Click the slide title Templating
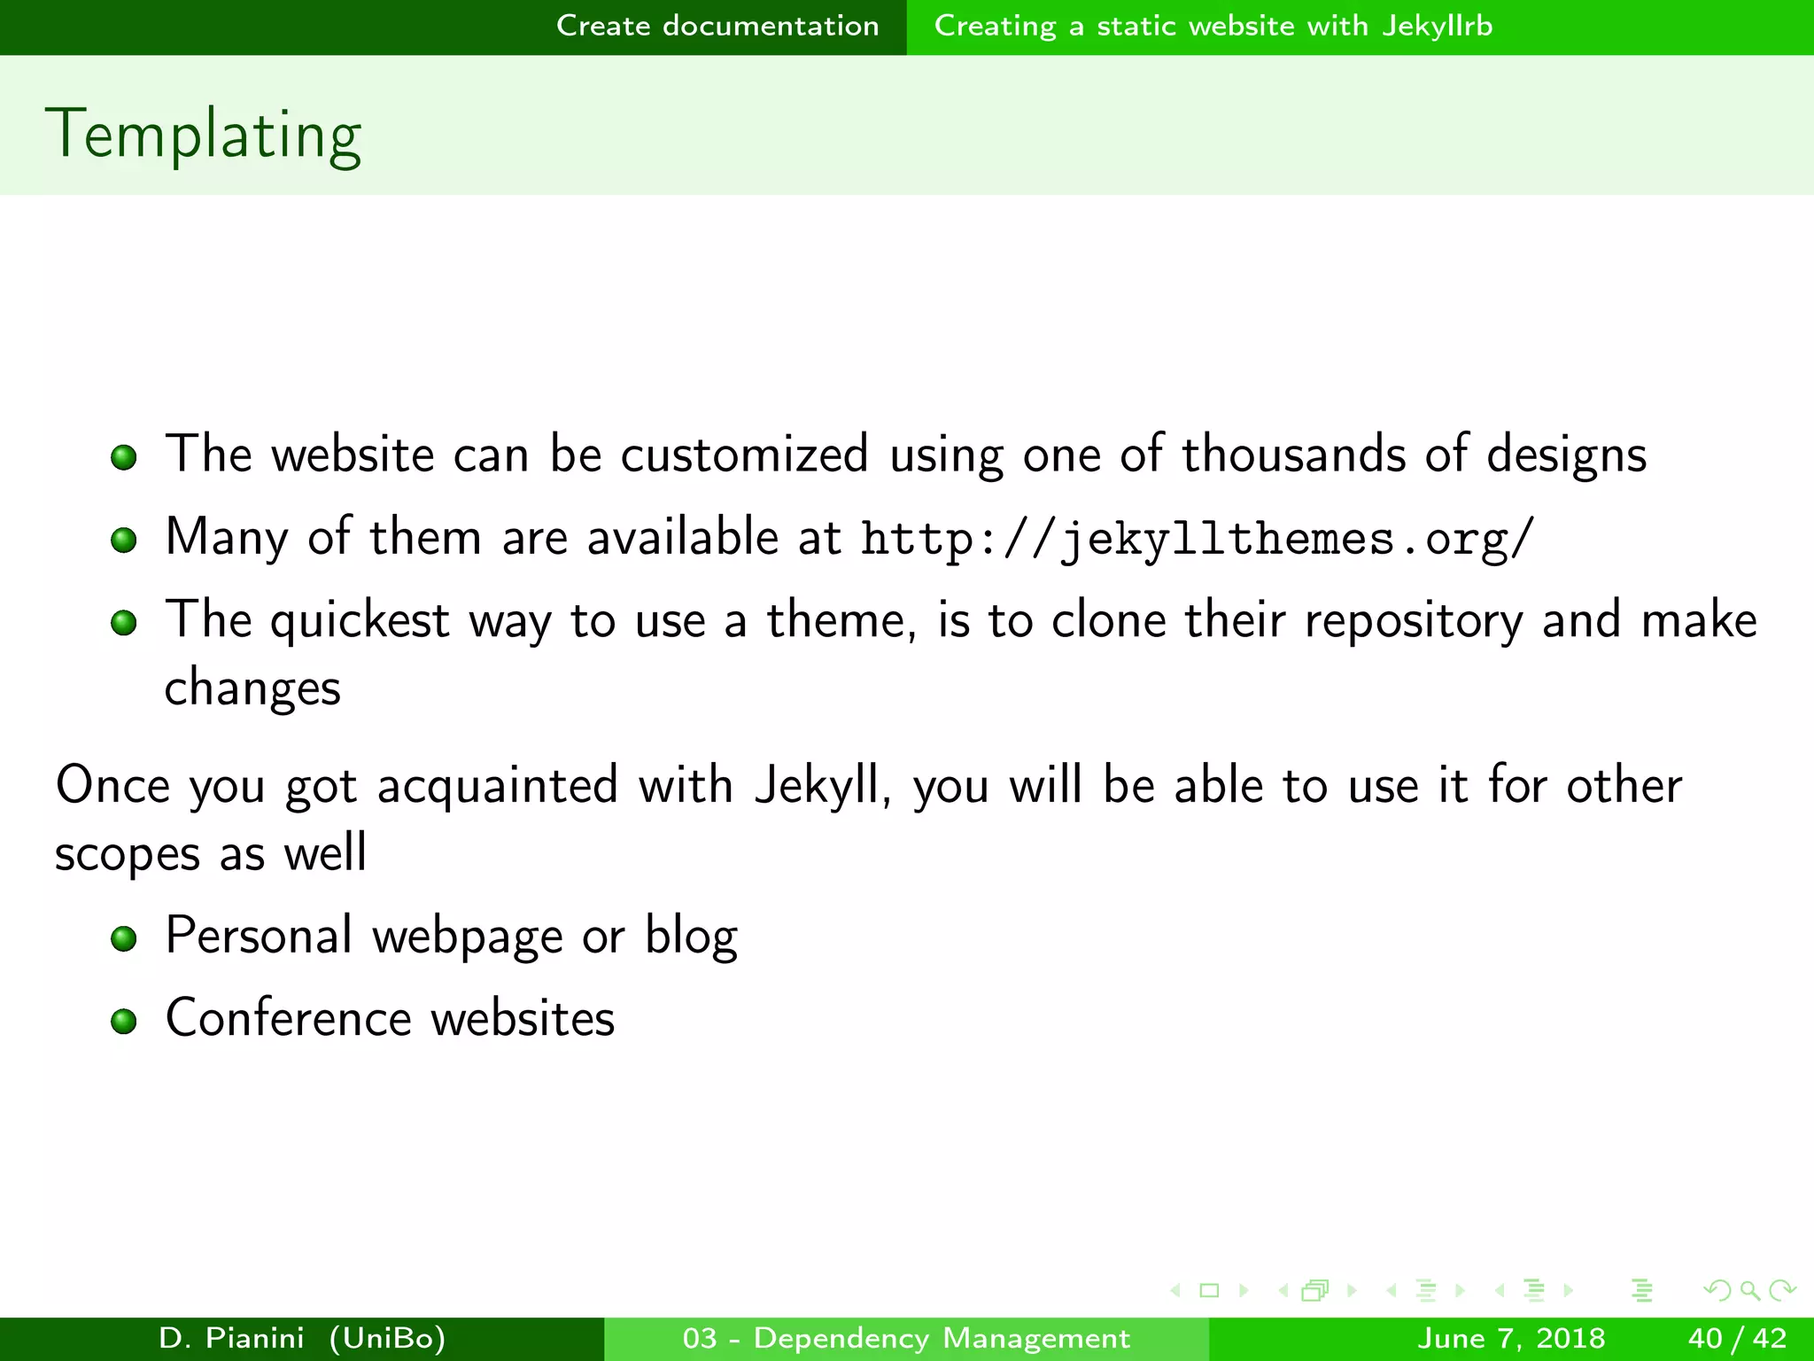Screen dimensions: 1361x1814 pos(204,135)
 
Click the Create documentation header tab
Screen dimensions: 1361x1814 pos(717,26)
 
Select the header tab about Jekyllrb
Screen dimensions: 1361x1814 pos(1213,26)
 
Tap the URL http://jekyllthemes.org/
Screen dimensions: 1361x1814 pos(1197,539)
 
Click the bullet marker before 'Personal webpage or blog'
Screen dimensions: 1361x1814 pos(124,938)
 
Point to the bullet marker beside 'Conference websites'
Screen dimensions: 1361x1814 pos(124,1022)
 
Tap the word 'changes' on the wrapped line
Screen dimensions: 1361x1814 pos(252,688)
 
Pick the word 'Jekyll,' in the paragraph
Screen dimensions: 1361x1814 pos(823,786)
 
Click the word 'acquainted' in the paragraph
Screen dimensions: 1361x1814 pos(497,786)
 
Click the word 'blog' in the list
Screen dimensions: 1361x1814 pos(691,937)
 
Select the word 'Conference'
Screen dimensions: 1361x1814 pos(289,1018)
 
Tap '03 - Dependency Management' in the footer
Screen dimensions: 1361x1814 pos(906,1338)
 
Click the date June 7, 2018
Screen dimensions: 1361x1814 pos(1511,1338)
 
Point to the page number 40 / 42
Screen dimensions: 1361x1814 pos(1737,1338)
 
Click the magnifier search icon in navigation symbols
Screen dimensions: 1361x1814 pos(1749,1290)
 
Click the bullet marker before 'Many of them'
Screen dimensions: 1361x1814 pos(124,540)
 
